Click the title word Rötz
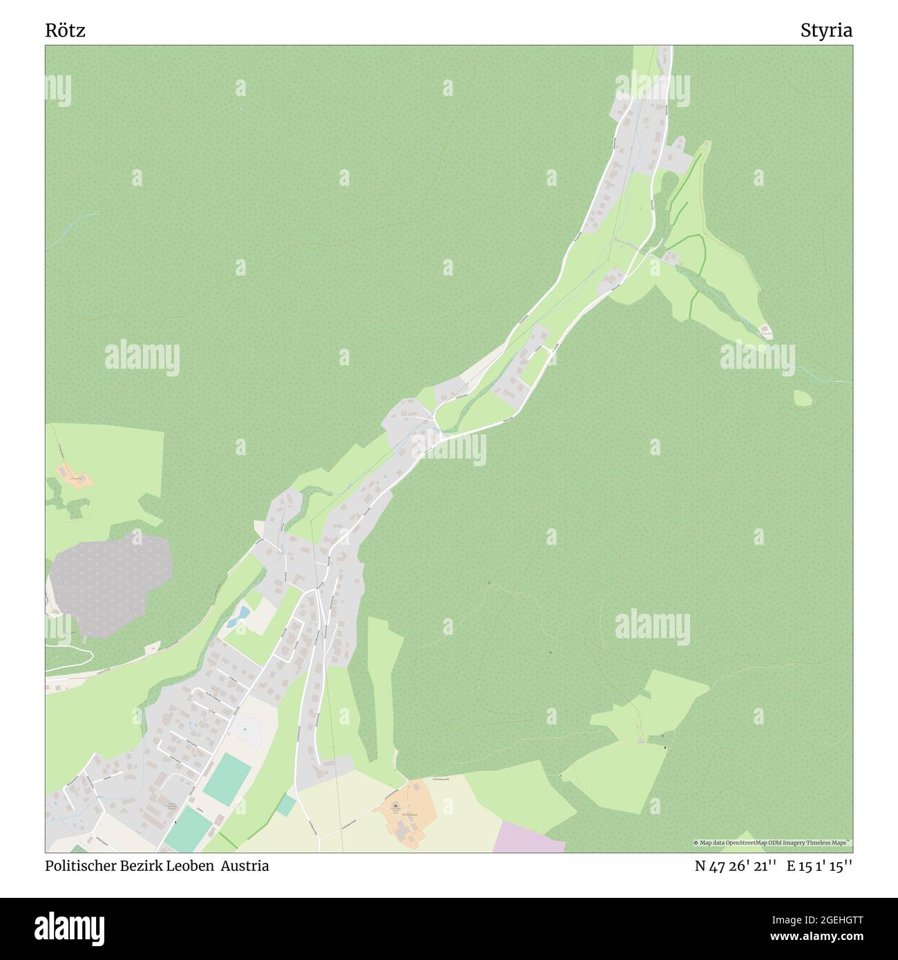point(66,30)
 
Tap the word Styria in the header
point(826,30)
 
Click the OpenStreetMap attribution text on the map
point(774,843)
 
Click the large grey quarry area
point(111,580)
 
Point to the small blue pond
point(242,612)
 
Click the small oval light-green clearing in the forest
point(803,398)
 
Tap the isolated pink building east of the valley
point(765,330)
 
